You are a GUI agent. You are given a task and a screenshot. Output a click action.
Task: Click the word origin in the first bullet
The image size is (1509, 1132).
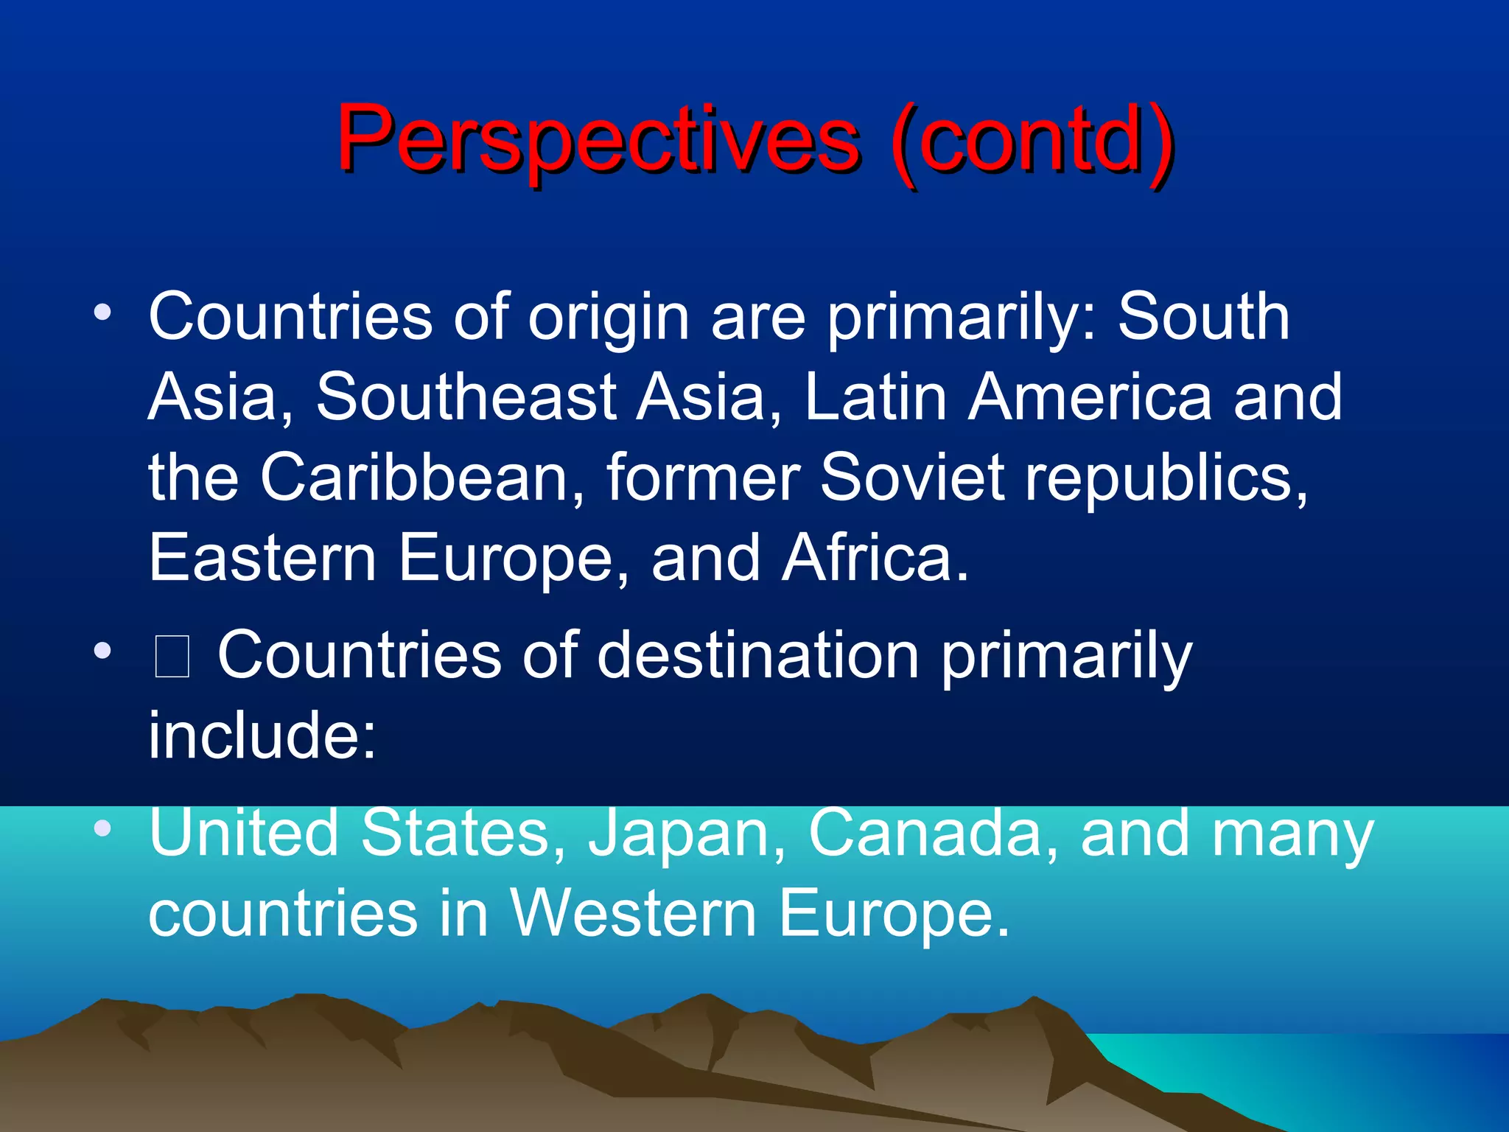pyautogui.click(x=609, y=318)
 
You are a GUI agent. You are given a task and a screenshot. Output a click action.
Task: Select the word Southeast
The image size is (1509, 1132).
pyautogui.click(x=466, y=398)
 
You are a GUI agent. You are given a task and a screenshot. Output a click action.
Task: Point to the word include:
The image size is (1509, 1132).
pyautogui.click(x=262, y=736)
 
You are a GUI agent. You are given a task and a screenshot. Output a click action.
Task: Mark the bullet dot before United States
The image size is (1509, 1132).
pyautogui.click(x=102, y=828)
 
